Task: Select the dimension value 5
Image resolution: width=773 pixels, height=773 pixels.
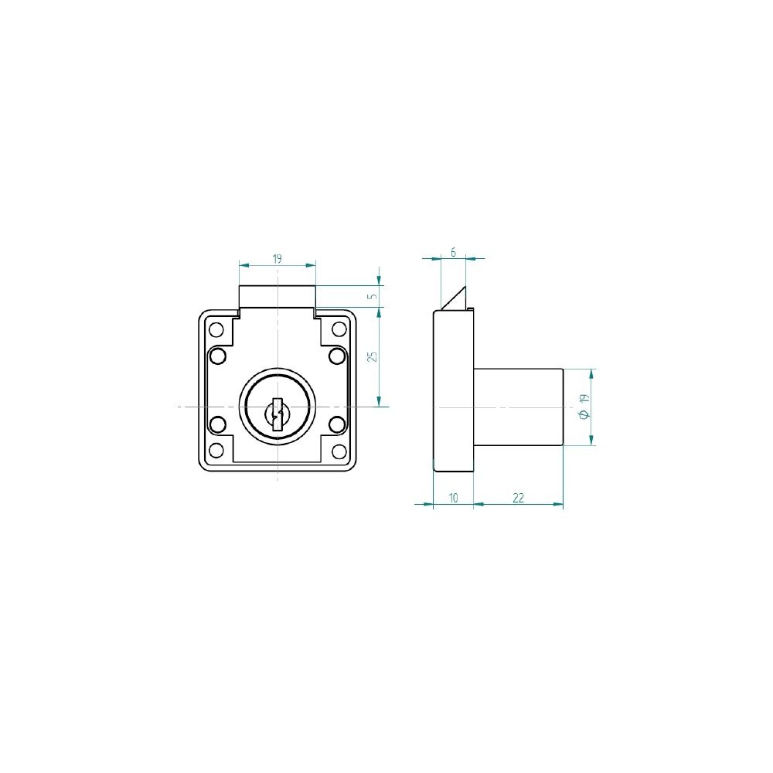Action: pyautogui.click(x=373, y=296)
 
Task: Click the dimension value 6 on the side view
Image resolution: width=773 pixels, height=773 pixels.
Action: pyautogui.click(x=454, y=253)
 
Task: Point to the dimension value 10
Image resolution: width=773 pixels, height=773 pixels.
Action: pyautogui.click(x=454, y=498)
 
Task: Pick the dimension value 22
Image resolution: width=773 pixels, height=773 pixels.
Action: pyautogui.click(x=518, y=498)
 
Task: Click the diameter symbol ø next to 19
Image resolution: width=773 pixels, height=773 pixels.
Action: pyautogui.click(x=585, y=414)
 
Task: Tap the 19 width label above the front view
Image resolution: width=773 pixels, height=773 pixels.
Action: pyautogui.click(x=277, y=259)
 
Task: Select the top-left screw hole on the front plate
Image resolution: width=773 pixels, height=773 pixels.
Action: pyautogui.click(x=216, y=329)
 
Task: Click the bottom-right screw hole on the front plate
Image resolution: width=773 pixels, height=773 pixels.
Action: pyautogui.click(x=339, y=450)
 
